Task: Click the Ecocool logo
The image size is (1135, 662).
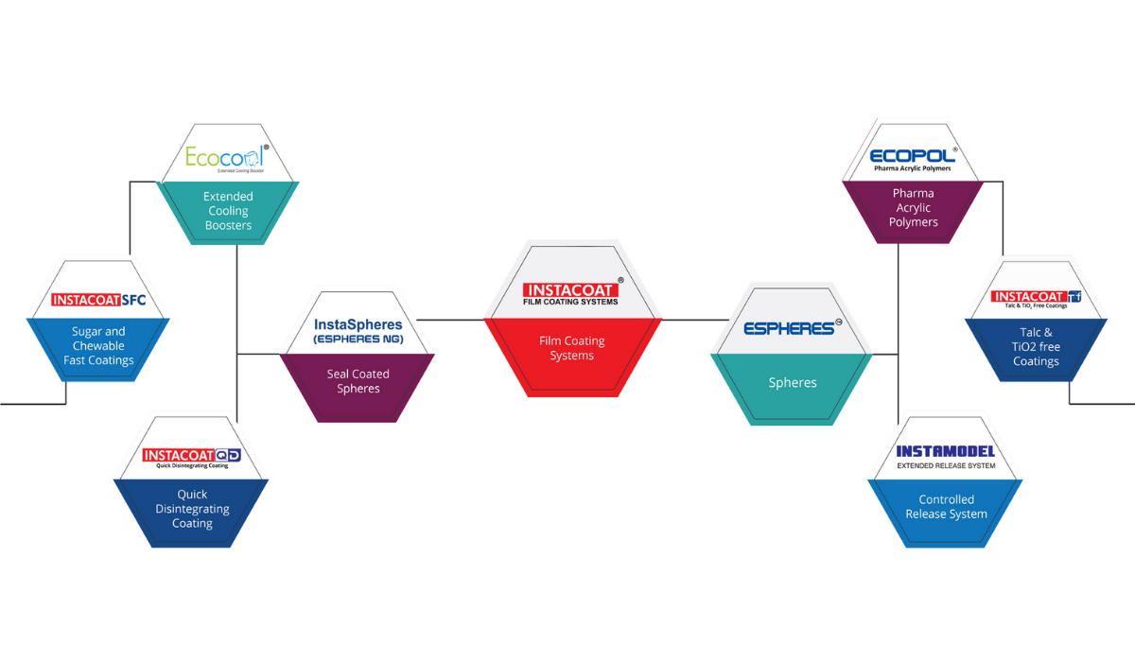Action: (225, 157)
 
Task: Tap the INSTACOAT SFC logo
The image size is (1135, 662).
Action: (98, 301)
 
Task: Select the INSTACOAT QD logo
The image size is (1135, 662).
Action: (192, 457)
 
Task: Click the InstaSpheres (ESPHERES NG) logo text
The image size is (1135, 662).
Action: (358, 330)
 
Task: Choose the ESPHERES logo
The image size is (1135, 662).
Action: (791, 328)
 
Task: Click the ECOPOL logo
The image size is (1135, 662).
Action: (912, 157)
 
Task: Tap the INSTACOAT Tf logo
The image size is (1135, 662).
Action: (1035, 299)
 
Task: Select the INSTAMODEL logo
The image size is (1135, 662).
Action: (946, 455)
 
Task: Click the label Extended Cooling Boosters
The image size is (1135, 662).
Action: (228, 211)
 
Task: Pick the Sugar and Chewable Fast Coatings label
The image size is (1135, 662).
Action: (98, 345)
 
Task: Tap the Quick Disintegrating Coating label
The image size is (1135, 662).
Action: (192, 509)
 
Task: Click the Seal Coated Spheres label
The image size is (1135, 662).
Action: (358, 381)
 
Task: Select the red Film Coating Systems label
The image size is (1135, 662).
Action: (571, 348)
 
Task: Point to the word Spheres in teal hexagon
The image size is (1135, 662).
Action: (792, 383)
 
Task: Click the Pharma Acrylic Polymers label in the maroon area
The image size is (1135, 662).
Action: (913, 208)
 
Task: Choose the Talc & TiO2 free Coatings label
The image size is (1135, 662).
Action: (1036, 347)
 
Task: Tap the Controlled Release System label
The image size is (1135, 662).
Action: (946, 507)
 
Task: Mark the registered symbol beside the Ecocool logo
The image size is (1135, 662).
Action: (266, 148)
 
